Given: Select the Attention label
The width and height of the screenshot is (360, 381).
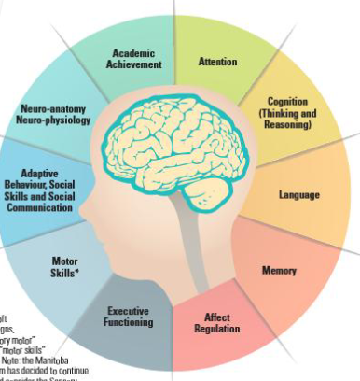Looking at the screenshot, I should click(x=217, y=62).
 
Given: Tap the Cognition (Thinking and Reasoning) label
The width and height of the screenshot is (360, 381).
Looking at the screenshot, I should click(x=287, y=113).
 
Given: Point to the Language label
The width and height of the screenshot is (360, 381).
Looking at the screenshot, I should click(x=299, y=194).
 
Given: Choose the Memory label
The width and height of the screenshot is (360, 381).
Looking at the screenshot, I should click(x=279, y=271).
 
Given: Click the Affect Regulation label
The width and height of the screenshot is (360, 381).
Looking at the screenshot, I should click(x=216, y=323).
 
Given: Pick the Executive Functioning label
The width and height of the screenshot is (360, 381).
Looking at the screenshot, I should click(x=129, y=317).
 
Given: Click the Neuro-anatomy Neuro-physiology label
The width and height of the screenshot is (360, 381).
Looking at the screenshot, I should click(x=54, y=114).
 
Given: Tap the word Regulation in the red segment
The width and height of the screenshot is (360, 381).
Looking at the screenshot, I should click(x=216, y=329).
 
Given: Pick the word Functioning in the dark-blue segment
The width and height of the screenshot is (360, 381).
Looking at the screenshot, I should click(x=129, y=322).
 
